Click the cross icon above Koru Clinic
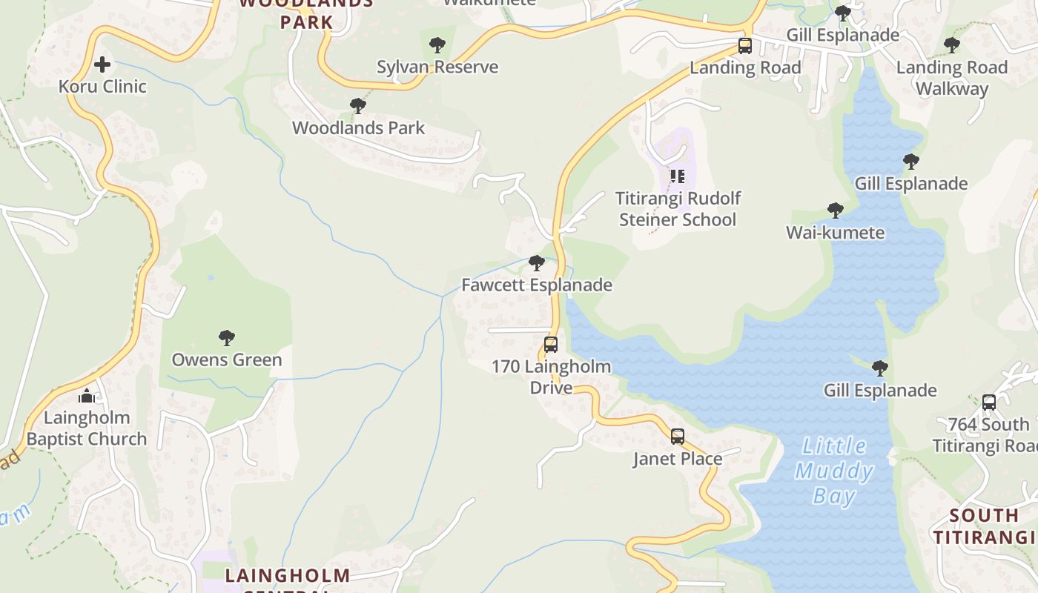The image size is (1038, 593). (x=102, y=64)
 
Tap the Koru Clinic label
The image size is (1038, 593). (x=102, y=86)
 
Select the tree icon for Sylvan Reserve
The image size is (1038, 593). (x=437, y=45)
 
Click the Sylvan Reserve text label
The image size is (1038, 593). (x=437, y=67)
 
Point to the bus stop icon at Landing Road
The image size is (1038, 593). (x=745, y=46)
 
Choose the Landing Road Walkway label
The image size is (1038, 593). (x=952, y=78)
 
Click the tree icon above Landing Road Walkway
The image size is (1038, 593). (x=952, y=46)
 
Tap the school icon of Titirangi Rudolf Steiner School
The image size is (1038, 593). (x=677, y=176)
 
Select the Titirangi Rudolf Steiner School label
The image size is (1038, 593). (x=678, y=209)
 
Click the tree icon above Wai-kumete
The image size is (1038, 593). (x=836, y=211)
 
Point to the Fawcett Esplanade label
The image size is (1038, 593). (x=537, y=285)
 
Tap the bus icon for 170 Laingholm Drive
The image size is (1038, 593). (x=551, y=345)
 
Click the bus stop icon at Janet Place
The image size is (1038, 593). (x=678, y=437)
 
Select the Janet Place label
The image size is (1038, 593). (x=678, y=459)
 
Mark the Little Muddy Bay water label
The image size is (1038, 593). (x=834, y=471)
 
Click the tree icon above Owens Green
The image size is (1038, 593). (x=227, y=339)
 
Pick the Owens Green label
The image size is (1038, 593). (x=227, y=360)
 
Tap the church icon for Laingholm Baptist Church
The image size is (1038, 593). (x=87, y=397)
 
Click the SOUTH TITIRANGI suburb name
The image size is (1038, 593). (x=984, y=526)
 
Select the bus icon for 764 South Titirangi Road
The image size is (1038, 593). (x=989, y=402)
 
